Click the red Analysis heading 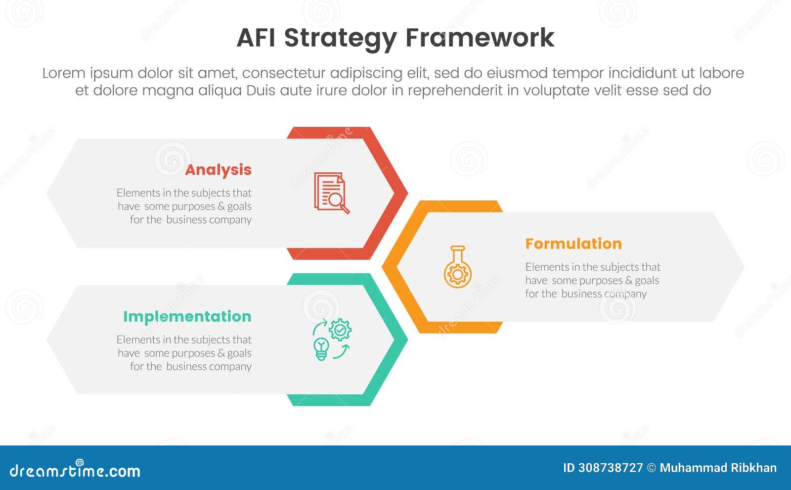(x=218, y=170)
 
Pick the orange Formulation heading (x=573, y=244)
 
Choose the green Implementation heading (x=187, y=316)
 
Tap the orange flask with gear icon (x=457, y=267)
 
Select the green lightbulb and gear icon (x=332, y=340)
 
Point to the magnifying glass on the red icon (x=337, y=200)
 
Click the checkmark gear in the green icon (x=340, y=330)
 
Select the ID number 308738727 (x=611, y=468)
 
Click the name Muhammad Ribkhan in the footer (x=718, y=468)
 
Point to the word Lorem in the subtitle (x=63, y=73)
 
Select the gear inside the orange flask (x=457, y=274)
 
